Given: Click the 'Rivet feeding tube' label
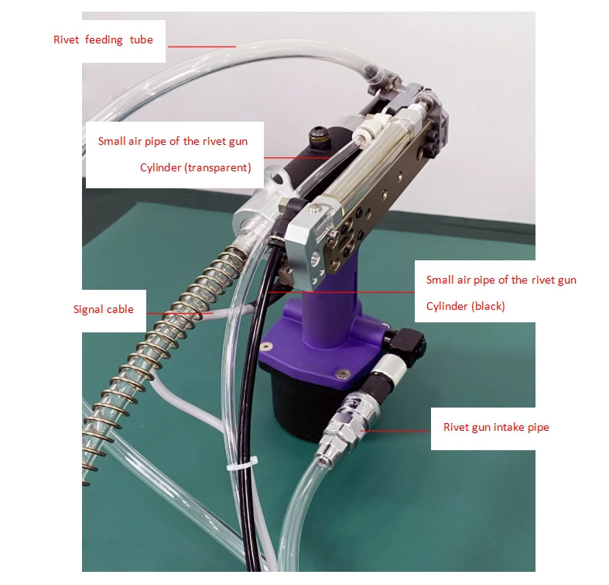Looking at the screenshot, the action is (103, 40).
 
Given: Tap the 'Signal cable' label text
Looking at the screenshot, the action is (104, 310).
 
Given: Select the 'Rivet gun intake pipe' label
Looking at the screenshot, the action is (496, 427).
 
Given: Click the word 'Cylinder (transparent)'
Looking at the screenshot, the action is (195, 167).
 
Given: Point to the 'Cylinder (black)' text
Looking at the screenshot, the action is (465, 306).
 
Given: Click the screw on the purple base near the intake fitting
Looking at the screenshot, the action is (341, 373).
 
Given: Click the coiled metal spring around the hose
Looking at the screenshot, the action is (156, 350).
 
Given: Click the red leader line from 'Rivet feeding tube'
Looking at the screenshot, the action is (202, 47).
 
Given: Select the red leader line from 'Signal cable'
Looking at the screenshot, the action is (180, 313).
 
